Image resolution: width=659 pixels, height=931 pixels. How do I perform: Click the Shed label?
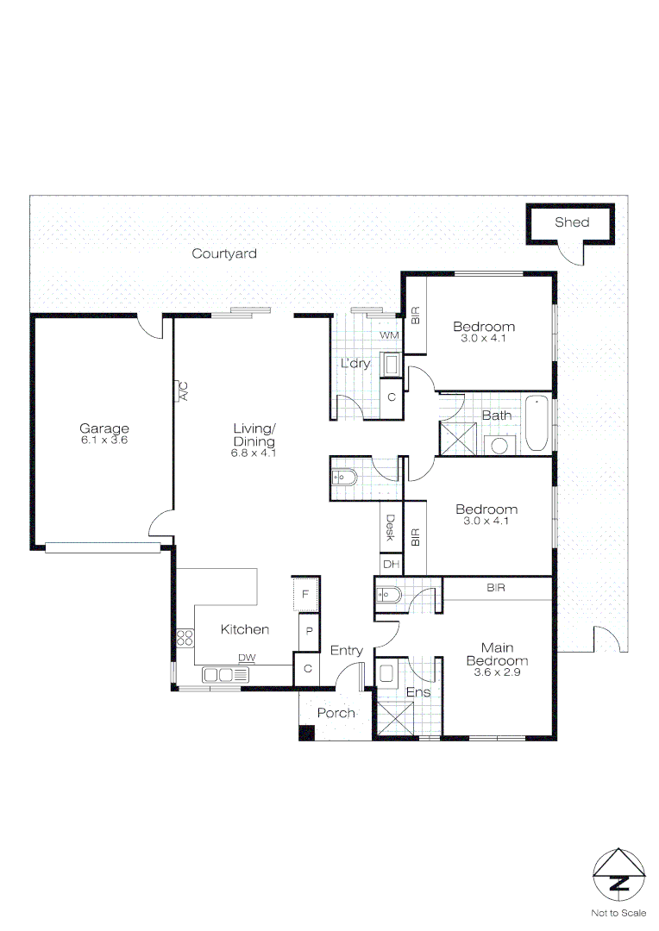pos(572,222)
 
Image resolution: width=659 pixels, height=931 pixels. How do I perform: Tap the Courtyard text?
pos(224,253)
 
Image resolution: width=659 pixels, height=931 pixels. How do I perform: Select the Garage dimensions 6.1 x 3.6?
pos(104,440)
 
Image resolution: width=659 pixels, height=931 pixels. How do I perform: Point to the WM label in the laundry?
pos(388,334)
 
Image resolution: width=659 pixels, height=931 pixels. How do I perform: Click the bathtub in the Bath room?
pos(537,422)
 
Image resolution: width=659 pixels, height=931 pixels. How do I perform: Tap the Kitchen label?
pos(245,629)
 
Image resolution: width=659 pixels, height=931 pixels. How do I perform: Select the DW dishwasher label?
pos(248,659)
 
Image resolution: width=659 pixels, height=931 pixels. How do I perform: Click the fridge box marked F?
pos(305,594)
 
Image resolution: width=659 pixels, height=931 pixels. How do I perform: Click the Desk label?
pos(390,526)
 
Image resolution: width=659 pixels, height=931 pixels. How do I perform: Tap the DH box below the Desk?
pos(391,565)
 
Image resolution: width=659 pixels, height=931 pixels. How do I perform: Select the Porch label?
pos(336,713)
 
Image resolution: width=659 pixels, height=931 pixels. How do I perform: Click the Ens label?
pos(418,692)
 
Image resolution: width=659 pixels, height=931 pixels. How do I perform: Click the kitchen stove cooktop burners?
pos(185,638)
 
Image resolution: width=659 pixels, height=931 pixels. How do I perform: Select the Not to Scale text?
pos(618,912)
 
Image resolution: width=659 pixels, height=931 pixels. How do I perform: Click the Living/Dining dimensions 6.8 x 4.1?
pos(254,452)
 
